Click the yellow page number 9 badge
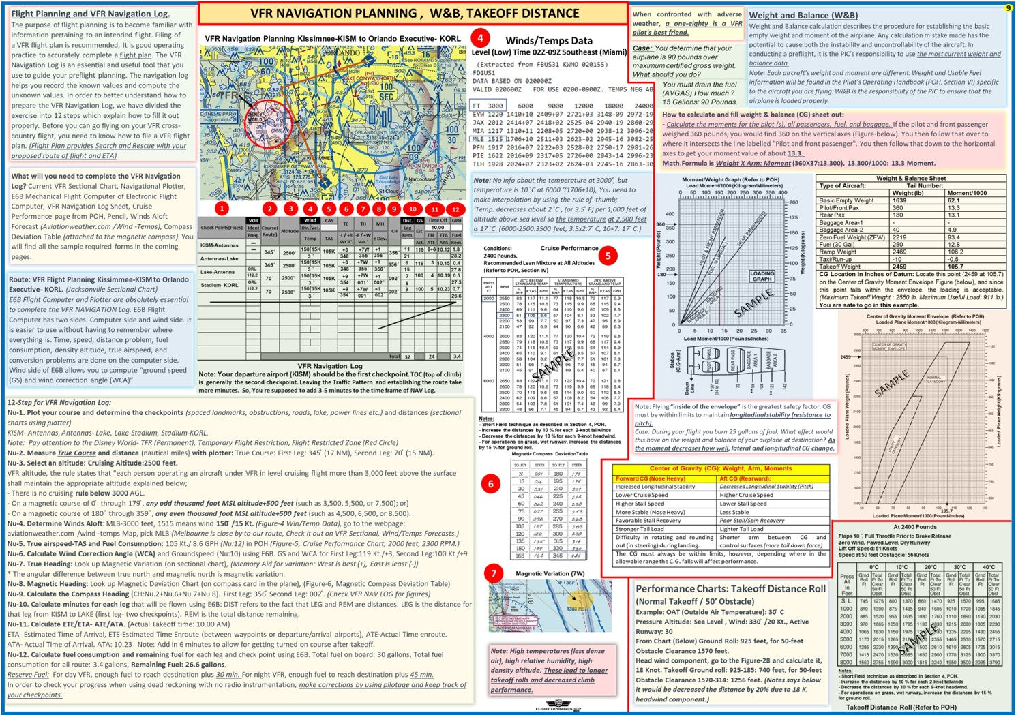[x=1008, y=8]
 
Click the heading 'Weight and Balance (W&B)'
[x=803, y=15]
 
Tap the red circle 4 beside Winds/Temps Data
[x=481, y=38]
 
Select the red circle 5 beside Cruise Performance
[x=607, y=256]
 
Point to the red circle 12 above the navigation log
[x=455, y=209]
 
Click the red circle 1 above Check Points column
[x=221, y=209]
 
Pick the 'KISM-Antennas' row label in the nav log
[x=220, y=245]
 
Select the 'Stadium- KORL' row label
[x=220, y=285]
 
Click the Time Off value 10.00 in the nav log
[x=437, y=228]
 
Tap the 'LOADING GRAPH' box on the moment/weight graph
[x=762, y=276]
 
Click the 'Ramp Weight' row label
[x=838, y=252]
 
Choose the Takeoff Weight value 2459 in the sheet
[x=900, y=267]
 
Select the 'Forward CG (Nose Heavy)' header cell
[x=650, y=478]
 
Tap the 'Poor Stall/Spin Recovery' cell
[x=752, y=520]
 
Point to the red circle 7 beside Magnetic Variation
[x=494, y=573]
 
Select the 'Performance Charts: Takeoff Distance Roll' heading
[x=730, y=589]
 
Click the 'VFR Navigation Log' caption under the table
[x=330, y=366]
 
